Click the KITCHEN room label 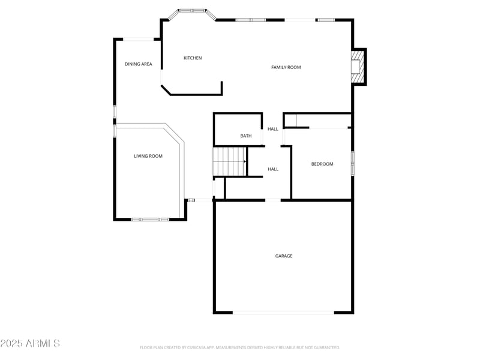pos(193,58)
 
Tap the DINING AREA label pos(138,64)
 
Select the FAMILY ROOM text pos(286,67)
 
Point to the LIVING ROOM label pos(148,156)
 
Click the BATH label pos(246,136)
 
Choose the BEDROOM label pos(322,164)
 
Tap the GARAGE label pos(284,256)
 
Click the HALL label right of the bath pos(273,129)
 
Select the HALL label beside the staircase pos(273,169)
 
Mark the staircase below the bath pos(229,161)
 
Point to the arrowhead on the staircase pos(245,161)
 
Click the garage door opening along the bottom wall pos(283,312)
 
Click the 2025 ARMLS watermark pos(30,344)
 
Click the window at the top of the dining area pos(138,40)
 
